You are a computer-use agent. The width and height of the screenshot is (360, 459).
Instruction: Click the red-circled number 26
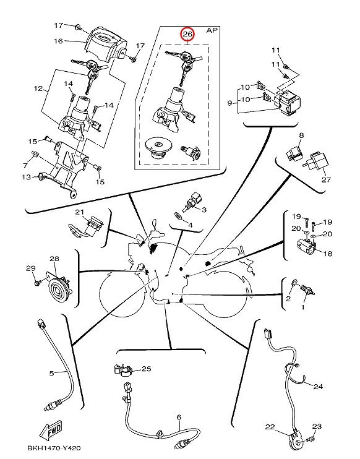[187, 34]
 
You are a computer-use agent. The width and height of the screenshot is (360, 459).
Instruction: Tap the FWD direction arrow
[51, 431]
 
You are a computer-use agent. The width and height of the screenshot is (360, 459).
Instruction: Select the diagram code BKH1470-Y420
[54, 448]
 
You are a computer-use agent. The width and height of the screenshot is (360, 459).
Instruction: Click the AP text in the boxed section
[213, 30]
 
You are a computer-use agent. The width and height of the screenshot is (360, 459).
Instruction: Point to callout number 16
[58, 41]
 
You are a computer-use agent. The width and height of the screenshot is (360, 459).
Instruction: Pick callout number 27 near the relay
[326, 179]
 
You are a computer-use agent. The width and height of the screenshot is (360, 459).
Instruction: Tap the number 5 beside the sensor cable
[51, 373]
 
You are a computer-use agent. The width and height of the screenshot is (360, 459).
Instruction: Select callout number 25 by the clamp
[147, 369]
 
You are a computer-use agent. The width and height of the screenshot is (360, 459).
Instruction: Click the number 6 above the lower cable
[179, 417]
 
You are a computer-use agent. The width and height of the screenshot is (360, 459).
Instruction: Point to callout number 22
[270, 427]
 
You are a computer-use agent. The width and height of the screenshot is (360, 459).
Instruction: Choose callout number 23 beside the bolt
[317, 426]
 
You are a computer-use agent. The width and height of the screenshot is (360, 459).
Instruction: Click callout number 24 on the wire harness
[318, 387]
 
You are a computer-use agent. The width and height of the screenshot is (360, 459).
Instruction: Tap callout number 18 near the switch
[328, 253]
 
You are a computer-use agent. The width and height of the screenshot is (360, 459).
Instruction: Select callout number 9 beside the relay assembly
[230, 103]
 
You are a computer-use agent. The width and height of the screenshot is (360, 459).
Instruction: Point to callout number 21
[80, 212]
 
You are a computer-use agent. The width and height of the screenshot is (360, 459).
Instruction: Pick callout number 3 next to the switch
[204, 210]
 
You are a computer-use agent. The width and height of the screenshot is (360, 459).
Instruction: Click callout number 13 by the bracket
[26, 177]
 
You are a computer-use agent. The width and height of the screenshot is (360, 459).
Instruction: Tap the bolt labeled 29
[37, 283]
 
